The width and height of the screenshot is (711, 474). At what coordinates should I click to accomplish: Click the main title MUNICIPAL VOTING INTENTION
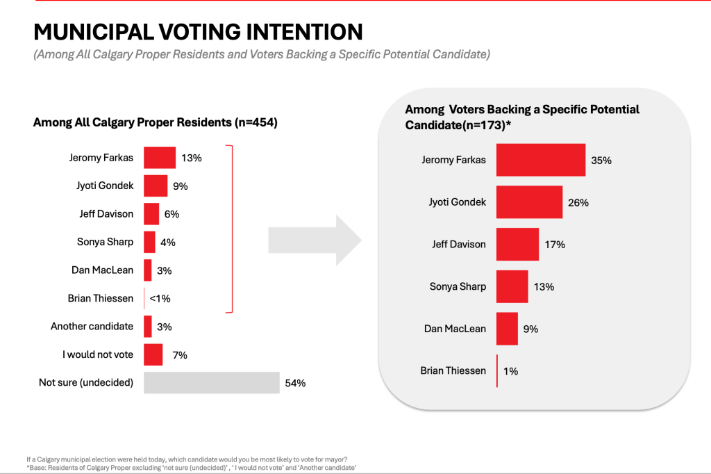point(198,32)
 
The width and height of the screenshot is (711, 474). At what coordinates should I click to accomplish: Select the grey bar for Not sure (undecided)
point(211,383)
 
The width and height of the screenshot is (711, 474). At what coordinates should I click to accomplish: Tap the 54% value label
point(294,383)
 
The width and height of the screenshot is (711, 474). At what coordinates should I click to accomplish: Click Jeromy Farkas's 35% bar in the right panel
point(541,160)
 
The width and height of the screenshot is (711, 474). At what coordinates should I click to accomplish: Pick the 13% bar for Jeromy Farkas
point(160,158)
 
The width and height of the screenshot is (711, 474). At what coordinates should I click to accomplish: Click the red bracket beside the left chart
point(231,229)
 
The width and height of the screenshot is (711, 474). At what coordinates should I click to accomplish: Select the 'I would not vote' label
point(97,354)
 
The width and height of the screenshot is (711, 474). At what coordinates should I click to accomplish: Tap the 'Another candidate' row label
point(92,327)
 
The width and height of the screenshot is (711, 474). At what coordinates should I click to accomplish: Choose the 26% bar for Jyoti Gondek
point(529,202)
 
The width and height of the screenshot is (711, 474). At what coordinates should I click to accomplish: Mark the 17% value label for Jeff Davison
point(555,245)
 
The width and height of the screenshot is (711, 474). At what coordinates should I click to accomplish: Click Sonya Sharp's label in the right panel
point(458,286)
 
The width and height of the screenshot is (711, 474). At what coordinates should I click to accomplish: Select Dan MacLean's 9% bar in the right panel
point(507,329)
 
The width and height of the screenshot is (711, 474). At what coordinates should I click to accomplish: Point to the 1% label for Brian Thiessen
point(510,371)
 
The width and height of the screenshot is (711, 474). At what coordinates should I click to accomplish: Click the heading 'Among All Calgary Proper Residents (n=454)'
point(156,123)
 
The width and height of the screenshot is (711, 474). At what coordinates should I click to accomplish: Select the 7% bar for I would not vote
point(153,354)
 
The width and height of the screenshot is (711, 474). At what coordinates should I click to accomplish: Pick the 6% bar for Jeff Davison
point(151,214)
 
